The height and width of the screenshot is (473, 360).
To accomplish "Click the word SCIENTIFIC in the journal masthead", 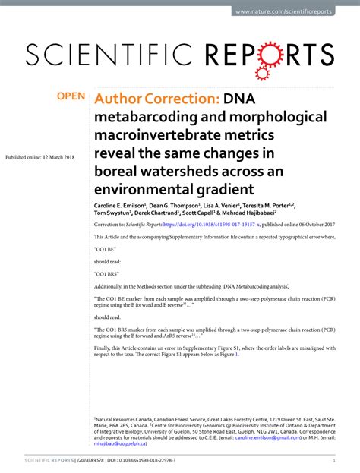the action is point(114,54).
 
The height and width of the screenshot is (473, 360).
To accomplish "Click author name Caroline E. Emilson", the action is point(122,205).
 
